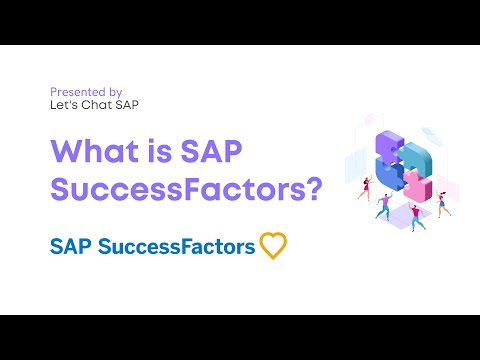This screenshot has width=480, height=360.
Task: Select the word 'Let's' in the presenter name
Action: point(62,104)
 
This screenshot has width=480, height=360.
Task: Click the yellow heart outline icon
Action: point(273,245)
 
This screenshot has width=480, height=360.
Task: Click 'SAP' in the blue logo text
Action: point(71,246)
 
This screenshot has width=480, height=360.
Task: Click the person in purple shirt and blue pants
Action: point(385,206)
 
